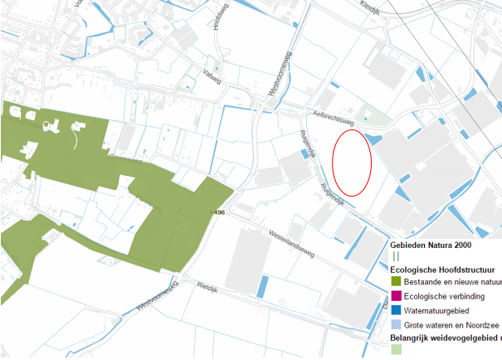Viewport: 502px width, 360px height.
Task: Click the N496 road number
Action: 218,213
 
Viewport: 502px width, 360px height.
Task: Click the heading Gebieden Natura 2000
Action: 431,246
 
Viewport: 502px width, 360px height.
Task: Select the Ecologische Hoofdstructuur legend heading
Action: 441,270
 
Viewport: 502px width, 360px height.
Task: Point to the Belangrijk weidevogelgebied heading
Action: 445,338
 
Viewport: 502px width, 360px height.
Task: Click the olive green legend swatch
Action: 396,283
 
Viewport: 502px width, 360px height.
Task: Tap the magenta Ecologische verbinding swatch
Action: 396,296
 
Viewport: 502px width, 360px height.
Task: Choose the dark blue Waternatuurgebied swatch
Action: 396,309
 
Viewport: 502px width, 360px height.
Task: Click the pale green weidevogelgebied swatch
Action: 396,352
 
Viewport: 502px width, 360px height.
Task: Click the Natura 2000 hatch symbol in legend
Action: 395,257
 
